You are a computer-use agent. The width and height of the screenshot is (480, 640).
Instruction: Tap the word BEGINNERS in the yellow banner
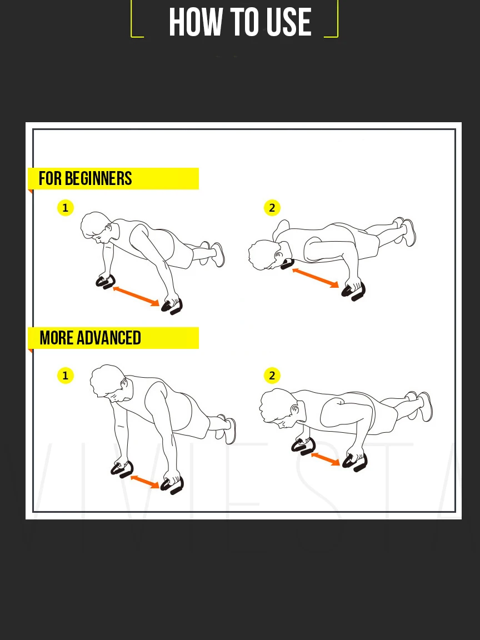tap(98, 178)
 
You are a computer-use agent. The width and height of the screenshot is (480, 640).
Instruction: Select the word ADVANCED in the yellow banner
tap(108, 338)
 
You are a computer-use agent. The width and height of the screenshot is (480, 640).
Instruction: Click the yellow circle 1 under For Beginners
tap(66, 208)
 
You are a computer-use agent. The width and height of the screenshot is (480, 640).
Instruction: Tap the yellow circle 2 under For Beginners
tap(272, 208)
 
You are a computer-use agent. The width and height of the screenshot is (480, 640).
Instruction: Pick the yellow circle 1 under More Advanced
tap(66, 376)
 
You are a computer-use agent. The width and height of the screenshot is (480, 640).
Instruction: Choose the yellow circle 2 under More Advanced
tap(272, 376)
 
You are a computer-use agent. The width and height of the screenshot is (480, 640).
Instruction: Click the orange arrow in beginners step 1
tap(136, 296)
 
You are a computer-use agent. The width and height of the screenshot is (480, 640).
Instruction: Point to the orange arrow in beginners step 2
tap(316, 278)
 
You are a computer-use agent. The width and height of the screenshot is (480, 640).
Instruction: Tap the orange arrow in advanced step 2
tap(326, 459)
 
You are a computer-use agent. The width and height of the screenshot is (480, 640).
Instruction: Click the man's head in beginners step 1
tap(97, 228)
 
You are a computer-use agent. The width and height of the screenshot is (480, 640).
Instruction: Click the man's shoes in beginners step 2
tap(405, 232)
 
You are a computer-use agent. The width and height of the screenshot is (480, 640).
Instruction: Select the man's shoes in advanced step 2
tap(420, 406)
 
